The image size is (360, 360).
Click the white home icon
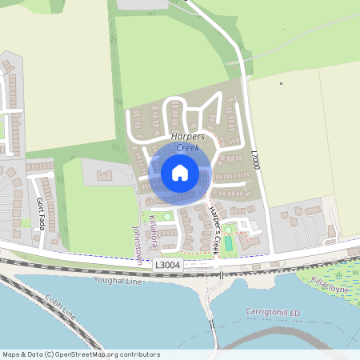[180, 172]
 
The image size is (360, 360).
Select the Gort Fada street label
[41, 213]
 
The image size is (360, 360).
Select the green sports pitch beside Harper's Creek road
[229, 242]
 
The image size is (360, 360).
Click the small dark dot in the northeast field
[281, 83]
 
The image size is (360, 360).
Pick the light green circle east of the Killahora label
[166, 216]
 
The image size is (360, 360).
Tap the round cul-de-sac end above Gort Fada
[51, 174]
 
